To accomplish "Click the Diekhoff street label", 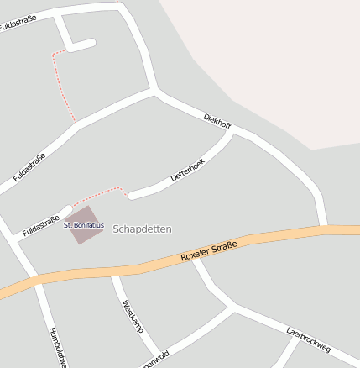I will click(217, 121).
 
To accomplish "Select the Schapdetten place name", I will click(142, 229).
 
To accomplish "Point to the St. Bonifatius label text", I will click(84, 225).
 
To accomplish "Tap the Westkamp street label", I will click(133, 316).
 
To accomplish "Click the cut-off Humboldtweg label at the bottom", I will click(57, 347).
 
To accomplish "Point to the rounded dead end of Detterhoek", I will click(133, 196).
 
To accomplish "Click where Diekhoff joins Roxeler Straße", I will click(323, 228).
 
